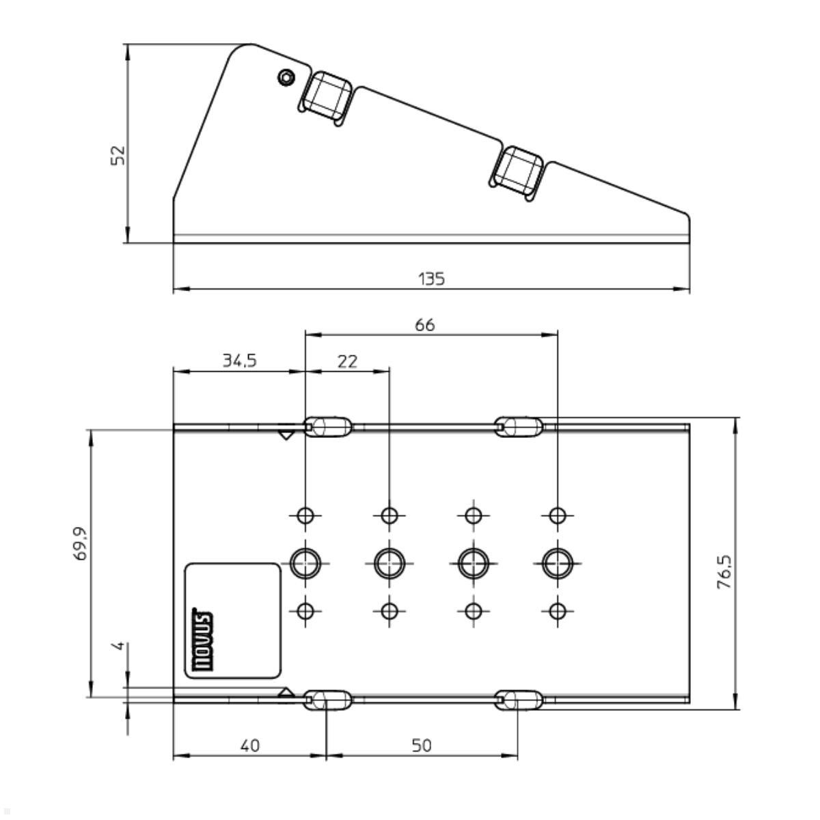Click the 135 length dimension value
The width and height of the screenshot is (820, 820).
coord(431,279)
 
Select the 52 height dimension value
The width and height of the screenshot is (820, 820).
coord(118,154)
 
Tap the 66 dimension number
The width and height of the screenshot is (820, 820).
coord(424,325)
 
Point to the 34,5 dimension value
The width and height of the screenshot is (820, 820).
coord(239,361)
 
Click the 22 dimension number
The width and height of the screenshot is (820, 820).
coord(347,361)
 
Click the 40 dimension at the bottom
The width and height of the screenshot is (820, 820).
coord(250,745)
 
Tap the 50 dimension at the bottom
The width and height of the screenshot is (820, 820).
coord(422,745)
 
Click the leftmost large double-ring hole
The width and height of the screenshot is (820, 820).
coord(305,563)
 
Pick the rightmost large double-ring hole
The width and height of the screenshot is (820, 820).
coord(558,563)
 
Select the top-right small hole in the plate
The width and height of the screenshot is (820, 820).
coord(558,515)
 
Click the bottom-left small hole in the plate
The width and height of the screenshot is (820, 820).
coord(305,611)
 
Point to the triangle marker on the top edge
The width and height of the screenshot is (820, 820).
coord(286,435)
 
